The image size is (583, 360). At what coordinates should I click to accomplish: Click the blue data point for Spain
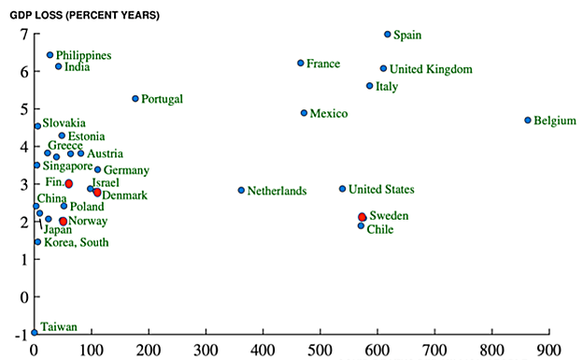(x=388, y=35)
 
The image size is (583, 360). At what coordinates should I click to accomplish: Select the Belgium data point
(x=528, y=121)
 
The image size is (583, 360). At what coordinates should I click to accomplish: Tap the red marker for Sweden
(x=363, y=217)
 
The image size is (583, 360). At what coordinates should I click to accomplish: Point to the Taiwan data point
(x=35, y=332)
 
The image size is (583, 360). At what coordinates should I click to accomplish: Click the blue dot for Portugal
(x=135, y=98)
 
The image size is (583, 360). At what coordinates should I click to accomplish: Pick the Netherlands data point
(x=241, y=190)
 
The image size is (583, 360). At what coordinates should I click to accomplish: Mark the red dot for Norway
(x=64, y=222)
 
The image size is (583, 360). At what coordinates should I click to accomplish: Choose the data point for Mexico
(x=304, y=113)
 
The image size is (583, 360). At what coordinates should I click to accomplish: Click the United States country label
(x=381, y=190)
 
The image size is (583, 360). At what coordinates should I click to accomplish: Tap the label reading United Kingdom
(x=431, y=69)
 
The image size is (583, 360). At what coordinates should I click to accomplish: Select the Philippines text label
(x=83, y=55)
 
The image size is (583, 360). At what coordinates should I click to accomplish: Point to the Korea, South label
(x=77, y=243)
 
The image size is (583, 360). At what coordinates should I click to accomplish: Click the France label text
(x=323, y=64)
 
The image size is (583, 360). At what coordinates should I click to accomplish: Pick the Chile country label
(x=386, y=229)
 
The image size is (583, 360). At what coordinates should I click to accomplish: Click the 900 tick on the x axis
(x=548, y=349)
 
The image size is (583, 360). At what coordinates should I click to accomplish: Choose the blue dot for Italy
(x=370, y=86)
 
